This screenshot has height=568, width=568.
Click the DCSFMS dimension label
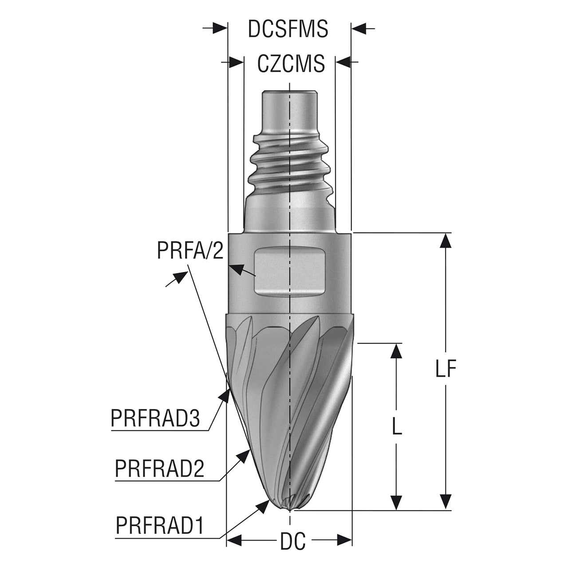click(288, 29)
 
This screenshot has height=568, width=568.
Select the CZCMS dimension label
click(291, 63)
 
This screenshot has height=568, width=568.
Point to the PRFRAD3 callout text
click(155, 418)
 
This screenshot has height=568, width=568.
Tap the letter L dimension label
click(397, 426)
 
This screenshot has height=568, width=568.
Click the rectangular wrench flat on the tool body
click(290, 272)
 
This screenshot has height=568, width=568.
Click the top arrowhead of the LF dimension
click(446, 242)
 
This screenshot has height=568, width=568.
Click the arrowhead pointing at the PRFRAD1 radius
click(263, 508)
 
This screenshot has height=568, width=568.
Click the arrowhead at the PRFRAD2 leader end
click(243, 457)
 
